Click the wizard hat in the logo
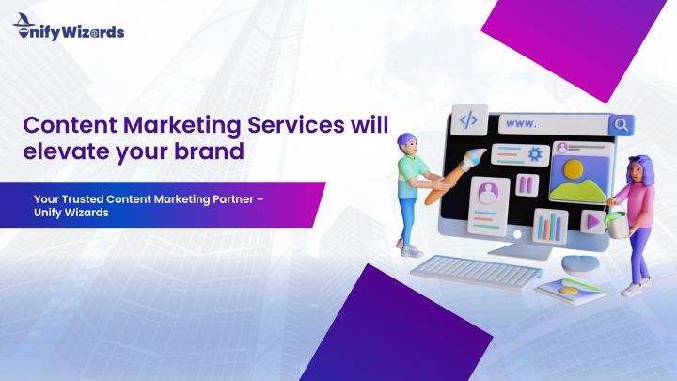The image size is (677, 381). pyautogui.click(x=24, y=21)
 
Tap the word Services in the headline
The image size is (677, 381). pyautogui.click(x=296, y=125)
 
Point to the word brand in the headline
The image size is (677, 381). pyautogui.click(x=209, y=151)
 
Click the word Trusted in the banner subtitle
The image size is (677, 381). pyautogui.click(x=83, y=199)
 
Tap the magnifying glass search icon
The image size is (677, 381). pyautogui.click(x=621, y=125)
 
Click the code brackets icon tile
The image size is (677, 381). pyautogui.click(x=468, y=119)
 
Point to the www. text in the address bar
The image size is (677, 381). pyautogui.click(x=521, y=123)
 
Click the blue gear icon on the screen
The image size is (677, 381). pyautogui.click(x=535, y=154)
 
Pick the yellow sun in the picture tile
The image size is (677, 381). pyautogui.click(x=573, y=169)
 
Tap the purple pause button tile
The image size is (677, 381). pyautogui.click(x=527, y=185)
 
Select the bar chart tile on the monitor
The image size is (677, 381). pyautogui.click(x=550, y=227)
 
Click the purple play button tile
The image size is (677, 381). pyautogui.click(x=592, y=222)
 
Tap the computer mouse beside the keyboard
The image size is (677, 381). pyautogui.click(x=580, y=264)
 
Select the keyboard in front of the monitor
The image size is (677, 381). pyautogui.click(x=476, y=272)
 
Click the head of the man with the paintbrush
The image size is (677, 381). pyautogui.click(x=408, y=144)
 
